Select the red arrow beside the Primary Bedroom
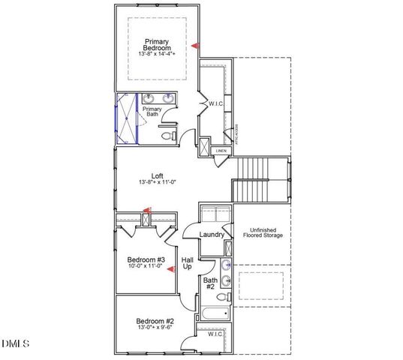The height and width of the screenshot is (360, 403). point(194,46)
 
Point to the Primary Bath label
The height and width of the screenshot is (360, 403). point(152,111)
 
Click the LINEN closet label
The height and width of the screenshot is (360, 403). point(221,151)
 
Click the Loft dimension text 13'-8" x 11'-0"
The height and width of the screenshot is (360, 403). point(157,183)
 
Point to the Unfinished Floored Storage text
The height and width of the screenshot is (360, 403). point(262,232)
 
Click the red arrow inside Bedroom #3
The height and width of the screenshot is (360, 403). point(170,268)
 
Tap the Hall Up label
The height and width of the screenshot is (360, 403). point(187,263)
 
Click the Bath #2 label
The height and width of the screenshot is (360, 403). point(211,283)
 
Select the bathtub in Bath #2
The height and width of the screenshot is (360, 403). point(215,314)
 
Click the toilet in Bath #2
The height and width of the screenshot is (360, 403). point(222,295)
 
